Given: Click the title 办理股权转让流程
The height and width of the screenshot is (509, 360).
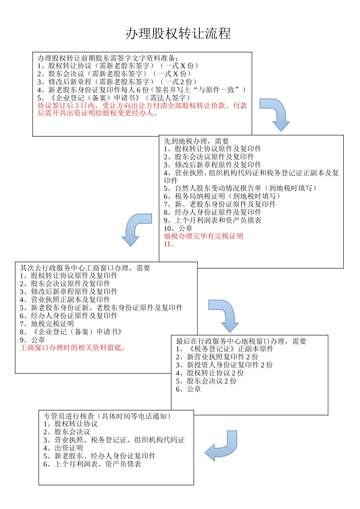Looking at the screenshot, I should (x=178, y=34).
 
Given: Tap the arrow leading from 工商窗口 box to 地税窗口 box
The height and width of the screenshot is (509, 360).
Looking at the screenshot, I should (x=225, y=314).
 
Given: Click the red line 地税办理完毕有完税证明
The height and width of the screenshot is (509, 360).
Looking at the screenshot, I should (x=203, y=236).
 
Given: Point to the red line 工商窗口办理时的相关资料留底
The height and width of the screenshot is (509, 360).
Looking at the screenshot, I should (x=73, y=348).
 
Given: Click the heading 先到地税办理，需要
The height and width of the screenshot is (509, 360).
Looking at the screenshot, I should (x=196, y=141).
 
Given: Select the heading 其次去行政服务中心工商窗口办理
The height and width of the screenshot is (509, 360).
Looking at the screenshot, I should (x=85, y=268).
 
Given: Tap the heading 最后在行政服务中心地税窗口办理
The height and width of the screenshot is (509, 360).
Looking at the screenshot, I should (x=241, y=341).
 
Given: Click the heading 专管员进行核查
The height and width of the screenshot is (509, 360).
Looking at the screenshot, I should (x=107, y=416).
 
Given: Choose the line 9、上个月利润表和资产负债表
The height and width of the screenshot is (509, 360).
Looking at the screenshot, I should (x=213, y=220).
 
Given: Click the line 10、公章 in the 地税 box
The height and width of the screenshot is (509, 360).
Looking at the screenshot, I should (x=178, y=228).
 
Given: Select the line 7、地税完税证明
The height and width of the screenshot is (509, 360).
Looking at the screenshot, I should (x=47, y=324).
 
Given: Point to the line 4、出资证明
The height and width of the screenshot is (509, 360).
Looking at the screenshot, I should (x=63, y=448).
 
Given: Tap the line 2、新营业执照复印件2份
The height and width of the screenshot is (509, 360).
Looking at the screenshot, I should (x=217, y=357).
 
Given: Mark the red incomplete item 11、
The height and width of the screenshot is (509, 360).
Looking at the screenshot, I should (x=169, y=244).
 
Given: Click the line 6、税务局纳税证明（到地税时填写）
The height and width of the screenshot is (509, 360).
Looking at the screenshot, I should (x=222, y=196).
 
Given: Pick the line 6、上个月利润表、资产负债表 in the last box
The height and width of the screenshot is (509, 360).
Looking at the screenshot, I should (x=92, y=464).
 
